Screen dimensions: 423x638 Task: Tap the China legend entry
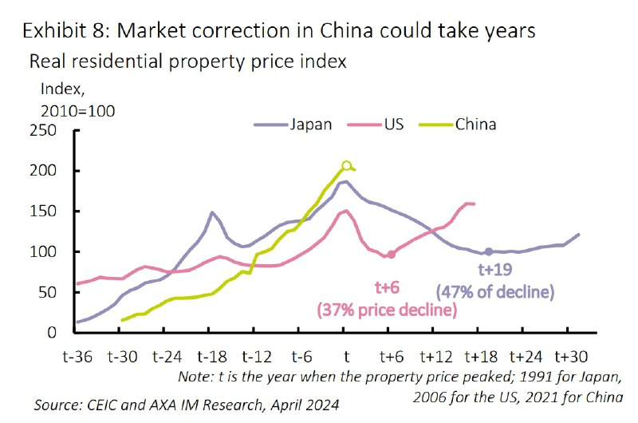tap(475, 125)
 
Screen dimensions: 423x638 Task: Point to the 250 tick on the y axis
tap(46, 131)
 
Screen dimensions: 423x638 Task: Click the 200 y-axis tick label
tap(46, 172)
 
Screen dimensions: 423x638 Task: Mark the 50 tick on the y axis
tap(51, 292)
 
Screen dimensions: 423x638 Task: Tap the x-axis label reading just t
tap(346, 356)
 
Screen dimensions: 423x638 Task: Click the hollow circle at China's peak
tap(347, 166)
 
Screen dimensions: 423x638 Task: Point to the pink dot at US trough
tap(391, 255)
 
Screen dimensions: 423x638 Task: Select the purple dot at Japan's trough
tap(488, 252)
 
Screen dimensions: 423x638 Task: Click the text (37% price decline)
tap(387, 309)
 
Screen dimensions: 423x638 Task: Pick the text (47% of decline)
tap(494, 292)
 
